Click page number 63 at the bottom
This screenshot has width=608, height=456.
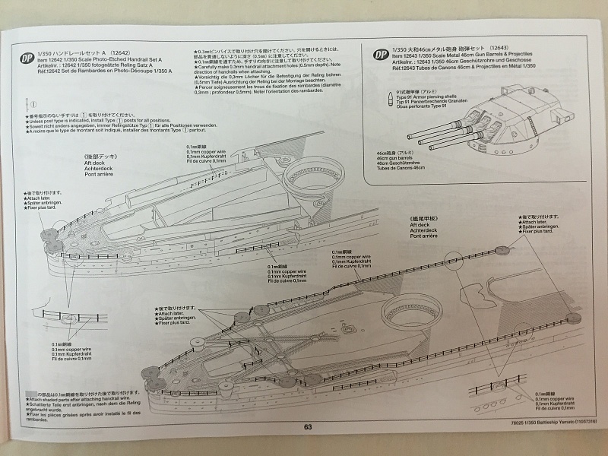tap(308, 426)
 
